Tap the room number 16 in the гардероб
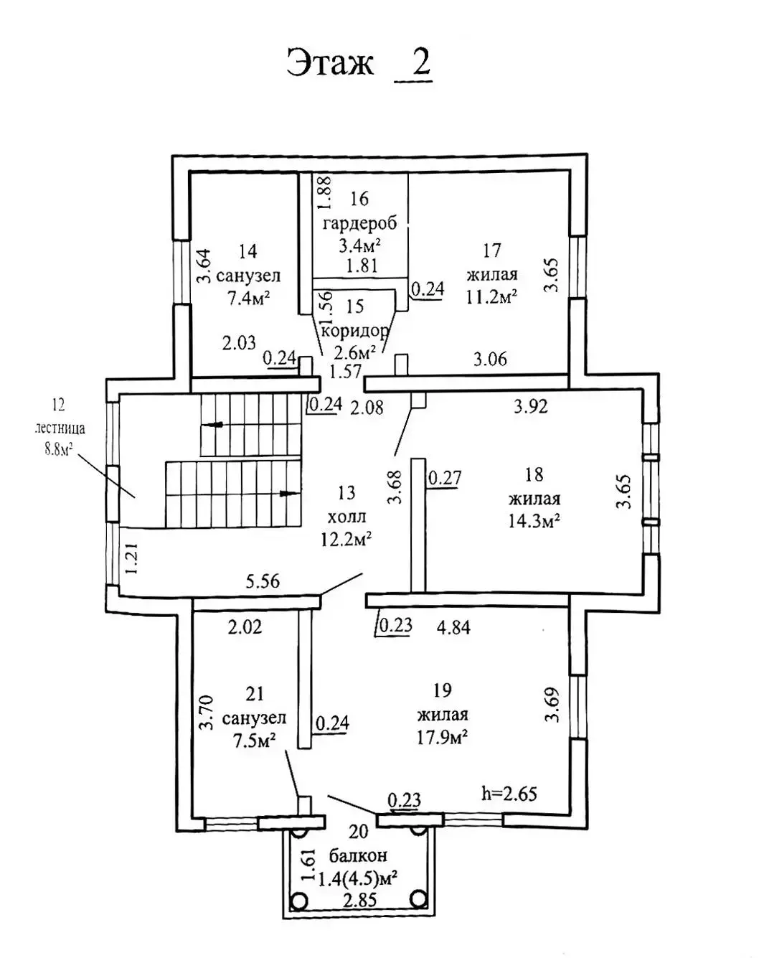359,199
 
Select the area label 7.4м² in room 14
248,299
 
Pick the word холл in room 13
346,516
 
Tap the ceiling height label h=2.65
509,793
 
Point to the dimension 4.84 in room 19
453,626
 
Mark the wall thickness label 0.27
445,477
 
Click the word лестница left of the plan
60,428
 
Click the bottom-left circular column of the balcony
299,899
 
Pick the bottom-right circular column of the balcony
418,899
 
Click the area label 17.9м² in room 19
443,737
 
